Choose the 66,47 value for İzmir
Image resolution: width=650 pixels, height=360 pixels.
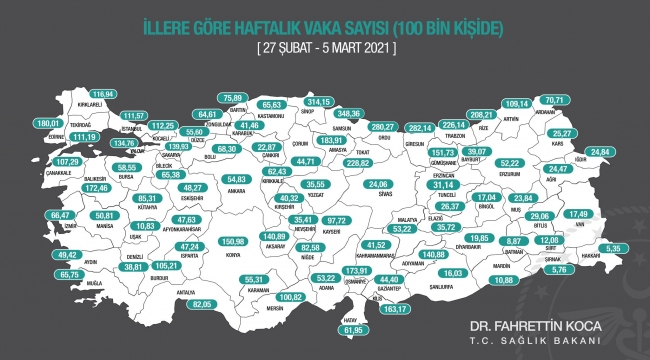62,214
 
